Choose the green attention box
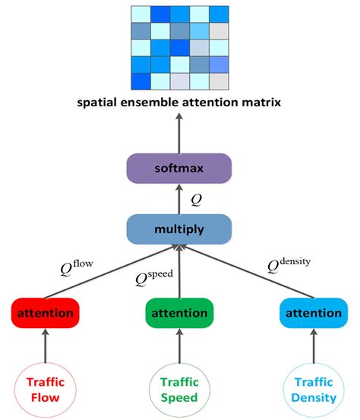click(x=180, y=313)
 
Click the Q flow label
click(x=78, y=267)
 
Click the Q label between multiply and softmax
click(x=197, y=199)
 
